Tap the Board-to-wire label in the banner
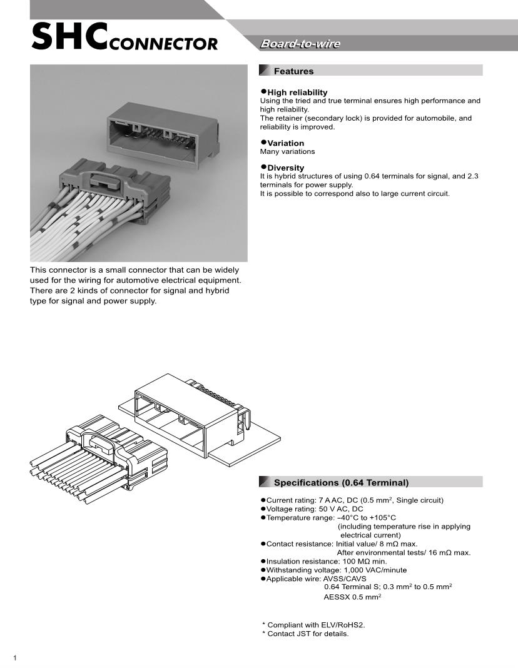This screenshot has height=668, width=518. tap(300, 44)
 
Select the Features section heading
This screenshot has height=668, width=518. tap(293, 71)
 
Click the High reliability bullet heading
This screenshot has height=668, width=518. tap(297, 93)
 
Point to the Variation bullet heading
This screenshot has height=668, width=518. tap(286, 143)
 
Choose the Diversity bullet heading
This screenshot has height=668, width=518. tap(286, 168)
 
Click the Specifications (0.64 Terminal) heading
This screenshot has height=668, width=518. tap(341, 482)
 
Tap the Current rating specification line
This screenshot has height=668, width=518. tap(355, 500)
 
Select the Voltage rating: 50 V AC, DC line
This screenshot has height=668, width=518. tap(315, 509)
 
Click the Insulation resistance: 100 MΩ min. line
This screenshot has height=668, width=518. tap(327, 562)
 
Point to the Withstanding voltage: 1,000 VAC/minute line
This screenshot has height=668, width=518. tap(337, 570)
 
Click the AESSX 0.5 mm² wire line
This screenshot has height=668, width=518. tap(352, 597)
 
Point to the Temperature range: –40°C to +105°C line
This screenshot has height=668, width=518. tap(331, 518)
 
